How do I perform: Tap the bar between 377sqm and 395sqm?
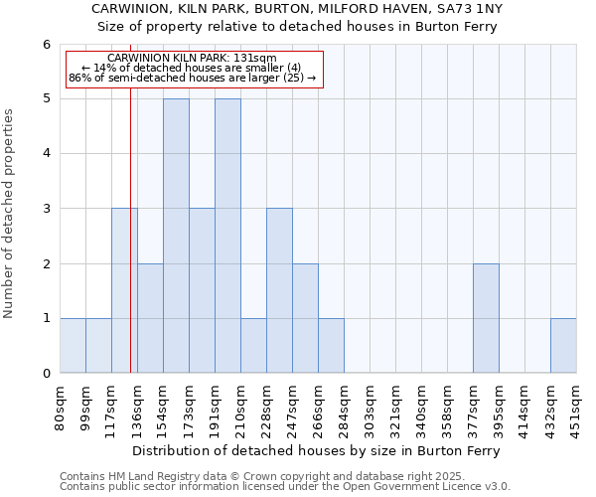coord(486,318)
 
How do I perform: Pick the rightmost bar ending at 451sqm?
coord(563,346)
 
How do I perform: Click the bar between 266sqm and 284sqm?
coord(331,346)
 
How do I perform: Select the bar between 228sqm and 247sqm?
coord(279,290)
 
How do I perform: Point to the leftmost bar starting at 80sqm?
coord(73,346)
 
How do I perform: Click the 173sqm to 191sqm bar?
coord(202,290)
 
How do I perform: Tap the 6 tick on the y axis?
coord(46,44)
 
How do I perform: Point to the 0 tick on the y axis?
coord(46,374)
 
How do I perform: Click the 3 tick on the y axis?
coord(46,209)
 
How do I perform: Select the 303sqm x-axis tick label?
coord(371,407)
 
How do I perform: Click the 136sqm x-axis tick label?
coord(138,407)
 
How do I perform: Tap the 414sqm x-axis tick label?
coord(525,407)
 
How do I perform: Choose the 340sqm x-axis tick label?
coord(422,407)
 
